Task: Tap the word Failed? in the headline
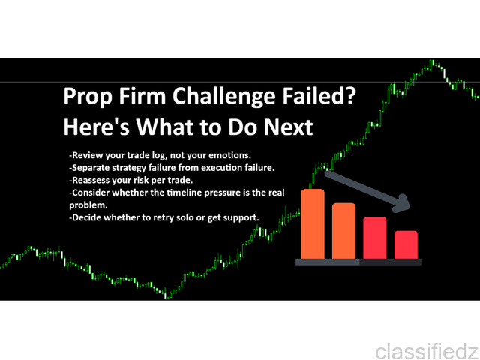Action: (319, 95)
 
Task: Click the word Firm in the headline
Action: (142, 95)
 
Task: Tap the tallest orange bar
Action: (313, 224)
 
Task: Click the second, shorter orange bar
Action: (343, 231)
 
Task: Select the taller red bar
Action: (375, 238)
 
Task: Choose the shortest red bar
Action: (406, 245)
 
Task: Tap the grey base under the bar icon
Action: (358, 262)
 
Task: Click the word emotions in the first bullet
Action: (229, 155)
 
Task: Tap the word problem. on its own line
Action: (88, 205)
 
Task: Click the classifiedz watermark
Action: (427, 352)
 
